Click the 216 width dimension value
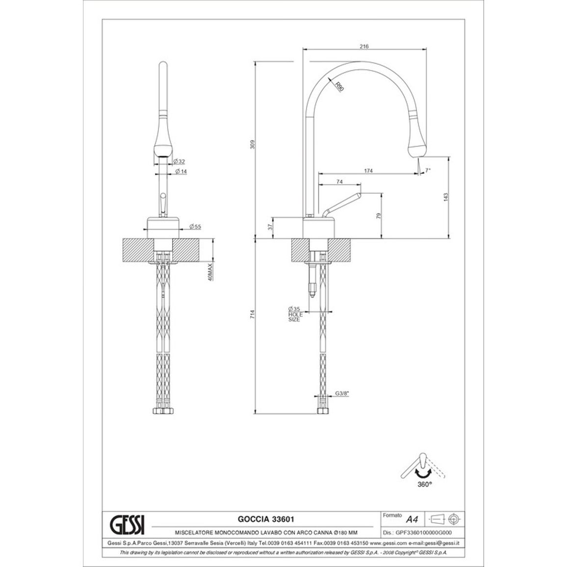point(364,46)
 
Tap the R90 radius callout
point(338,87)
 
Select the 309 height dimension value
point(253,144)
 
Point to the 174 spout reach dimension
point(368,171)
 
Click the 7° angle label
point(428,170)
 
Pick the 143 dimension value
point(445,197)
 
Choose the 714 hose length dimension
point(253,314)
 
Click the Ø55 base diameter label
point(195,227)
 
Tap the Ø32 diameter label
point(179,161)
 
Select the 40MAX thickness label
point(210,272)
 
